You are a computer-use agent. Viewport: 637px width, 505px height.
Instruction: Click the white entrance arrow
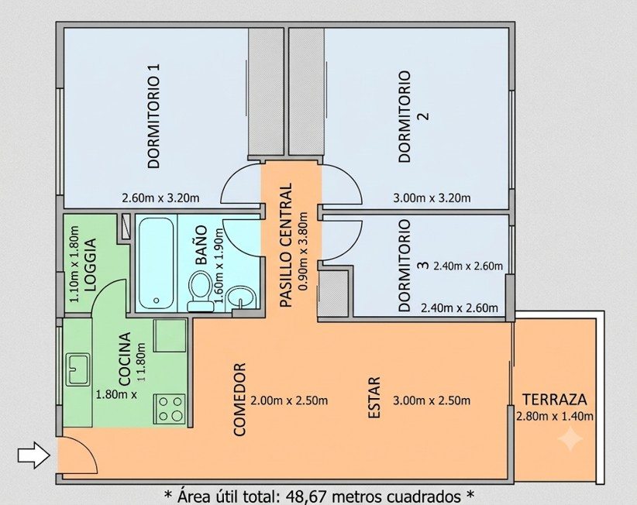(34, 455)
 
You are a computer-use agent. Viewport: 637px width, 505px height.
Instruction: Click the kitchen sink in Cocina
(78, 369)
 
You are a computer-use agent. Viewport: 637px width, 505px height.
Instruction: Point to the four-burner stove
(170, 409)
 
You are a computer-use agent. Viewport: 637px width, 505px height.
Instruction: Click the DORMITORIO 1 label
(154, 115)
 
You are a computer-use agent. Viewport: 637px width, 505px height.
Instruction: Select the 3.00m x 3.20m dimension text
(432, 198)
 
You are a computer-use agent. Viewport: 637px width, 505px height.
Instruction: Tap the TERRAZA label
(555, 400)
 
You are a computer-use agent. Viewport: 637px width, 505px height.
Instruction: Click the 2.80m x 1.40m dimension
(555, 416)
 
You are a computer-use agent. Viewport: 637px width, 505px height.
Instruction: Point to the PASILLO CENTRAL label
(286, 246)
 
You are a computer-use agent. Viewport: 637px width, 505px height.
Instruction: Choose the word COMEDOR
(239, 400)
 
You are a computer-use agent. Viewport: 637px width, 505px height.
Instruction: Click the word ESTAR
(374, 398)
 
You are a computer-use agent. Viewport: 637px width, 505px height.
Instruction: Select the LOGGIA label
(90, 264)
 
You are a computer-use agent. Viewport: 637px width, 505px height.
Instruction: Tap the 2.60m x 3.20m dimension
(161, 198)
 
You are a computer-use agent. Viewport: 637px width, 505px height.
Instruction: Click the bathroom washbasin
(241, 297)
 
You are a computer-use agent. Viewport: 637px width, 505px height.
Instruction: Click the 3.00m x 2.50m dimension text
(432, 400)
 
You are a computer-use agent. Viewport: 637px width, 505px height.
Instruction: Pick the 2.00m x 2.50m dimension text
(289, 400)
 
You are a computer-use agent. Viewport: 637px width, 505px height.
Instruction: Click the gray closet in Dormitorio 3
(333, 293)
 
